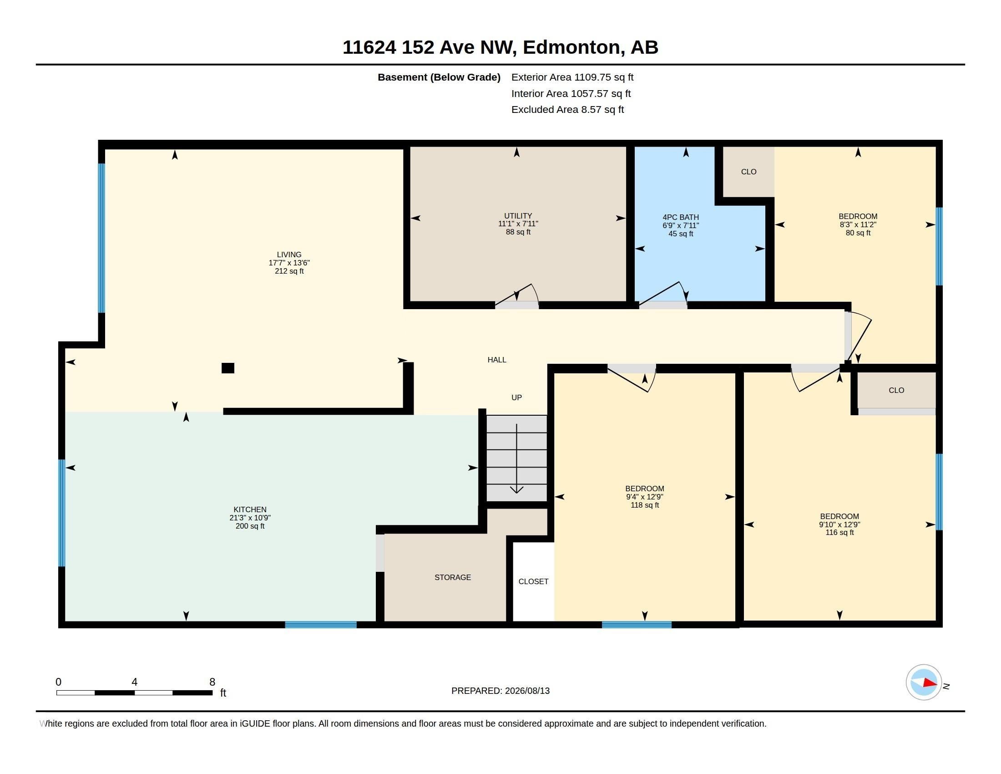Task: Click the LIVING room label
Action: tap(289, 255)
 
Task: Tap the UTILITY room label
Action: tap(518, 215)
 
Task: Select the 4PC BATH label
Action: tap(681, 217)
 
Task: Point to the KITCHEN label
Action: tap(250, 509)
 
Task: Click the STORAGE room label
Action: tap(453, 577)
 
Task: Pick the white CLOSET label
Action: tap(534, 581)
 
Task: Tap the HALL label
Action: tap(497, 360)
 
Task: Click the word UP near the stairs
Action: tap(516, 397)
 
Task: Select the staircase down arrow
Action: tap(517, 458)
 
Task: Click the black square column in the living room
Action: tap(228, 368)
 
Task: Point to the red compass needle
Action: tap(930, 683)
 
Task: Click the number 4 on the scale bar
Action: tap(134, 682)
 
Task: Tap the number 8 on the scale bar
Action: tap(212, 682)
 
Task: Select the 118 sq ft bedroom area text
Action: tap(645, 505)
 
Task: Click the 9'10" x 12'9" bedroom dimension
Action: tap(839, 524)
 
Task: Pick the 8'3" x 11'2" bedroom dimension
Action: tap(858, 224)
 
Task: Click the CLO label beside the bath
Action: tap(749, 172)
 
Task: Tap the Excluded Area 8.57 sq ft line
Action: tap(567, 110)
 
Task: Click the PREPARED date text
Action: tap(500, 691)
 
